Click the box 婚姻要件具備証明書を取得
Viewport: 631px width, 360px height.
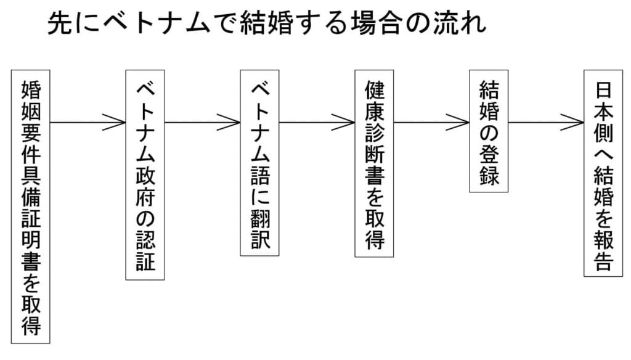(x=31, y=207)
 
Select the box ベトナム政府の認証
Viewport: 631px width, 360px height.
(x=145, y=174)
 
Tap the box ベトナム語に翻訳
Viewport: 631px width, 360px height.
(x=259, y=163)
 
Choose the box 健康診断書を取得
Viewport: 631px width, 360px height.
(x=374, y=163)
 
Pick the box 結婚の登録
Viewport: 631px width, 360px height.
(x=489, y=131)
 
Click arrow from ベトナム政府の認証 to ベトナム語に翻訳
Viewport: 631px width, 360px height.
(x=202, y=122)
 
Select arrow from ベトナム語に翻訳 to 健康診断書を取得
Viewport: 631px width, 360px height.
(x=317, y=122)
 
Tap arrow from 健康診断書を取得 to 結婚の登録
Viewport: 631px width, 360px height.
(x=431, y=122)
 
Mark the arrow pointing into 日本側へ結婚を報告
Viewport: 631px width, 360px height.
(x=546, y=122)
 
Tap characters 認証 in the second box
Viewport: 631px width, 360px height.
(x=145, y=252)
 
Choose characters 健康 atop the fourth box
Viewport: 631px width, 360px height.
(x=374, y=105)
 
